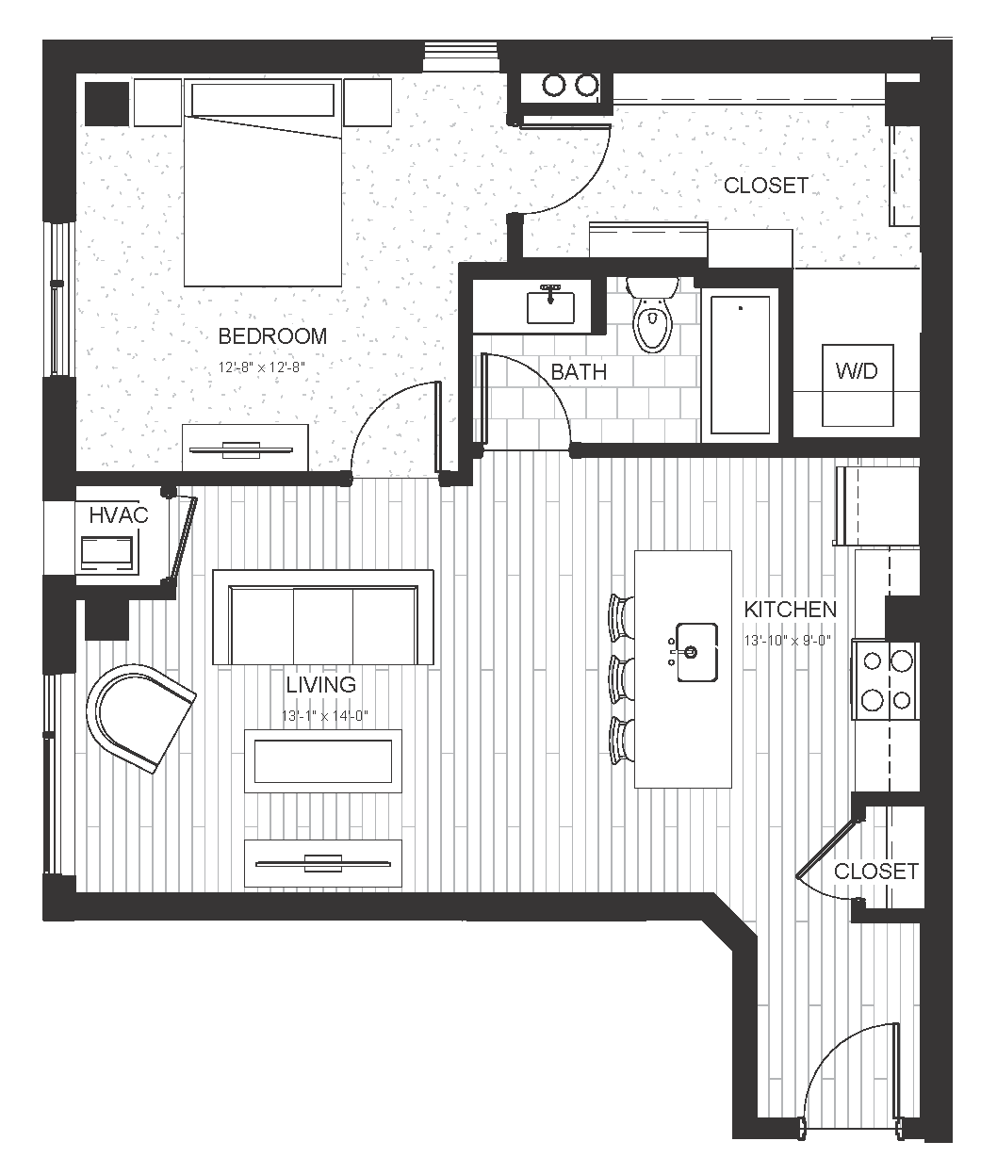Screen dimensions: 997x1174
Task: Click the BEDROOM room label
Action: (272, 336)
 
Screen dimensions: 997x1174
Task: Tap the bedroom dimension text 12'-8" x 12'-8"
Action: (262, 367)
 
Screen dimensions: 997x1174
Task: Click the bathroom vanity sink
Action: (550, 306)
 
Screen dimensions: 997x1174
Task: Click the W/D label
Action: (857, 371)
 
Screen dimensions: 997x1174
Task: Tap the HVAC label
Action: (119, 515)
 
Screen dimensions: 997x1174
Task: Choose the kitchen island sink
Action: (696, 652)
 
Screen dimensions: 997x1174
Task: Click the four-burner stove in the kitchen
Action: (885, 680)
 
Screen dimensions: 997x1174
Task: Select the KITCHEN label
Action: (791, 610)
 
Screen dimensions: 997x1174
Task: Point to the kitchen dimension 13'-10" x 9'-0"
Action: (788, 641)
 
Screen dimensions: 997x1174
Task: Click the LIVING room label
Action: (321, 685)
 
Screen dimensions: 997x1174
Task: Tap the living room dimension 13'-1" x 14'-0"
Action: (325, 716)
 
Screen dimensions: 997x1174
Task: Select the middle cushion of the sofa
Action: (323, 626)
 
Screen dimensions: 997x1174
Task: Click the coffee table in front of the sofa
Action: (323, 761)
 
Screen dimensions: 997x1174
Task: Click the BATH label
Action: (579, 372)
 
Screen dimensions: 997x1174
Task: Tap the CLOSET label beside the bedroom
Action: (766, 186)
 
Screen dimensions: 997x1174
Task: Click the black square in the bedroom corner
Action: (106, 104)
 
